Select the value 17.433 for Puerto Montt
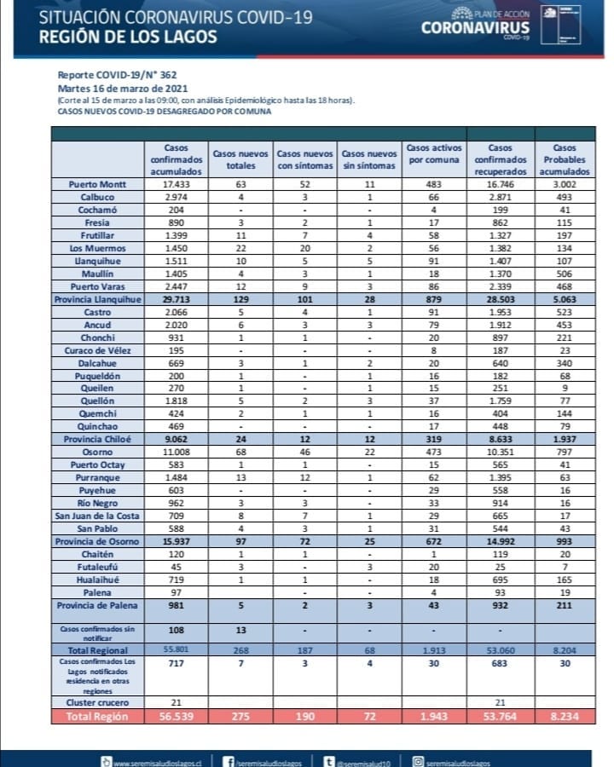pos(175,183)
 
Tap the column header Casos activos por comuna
pos(432,153)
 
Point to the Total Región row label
pos(99,716)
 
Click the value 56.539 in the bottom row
pos(175,716)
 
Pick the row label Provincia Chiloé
pos(96,440)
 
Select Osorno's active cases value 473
pos(432,453)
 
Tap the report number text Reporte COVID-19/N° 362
pos(117,75)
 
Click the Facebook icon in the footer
pos(229,761)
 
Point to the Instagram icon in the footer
pos(416,761)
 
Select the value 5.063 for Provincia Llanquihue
pos(559,300)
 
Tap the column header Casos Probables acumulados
pos(559,159)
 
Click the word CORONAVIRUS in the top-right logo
pos(475,28)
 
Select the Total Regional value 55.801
pos(175,649)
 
